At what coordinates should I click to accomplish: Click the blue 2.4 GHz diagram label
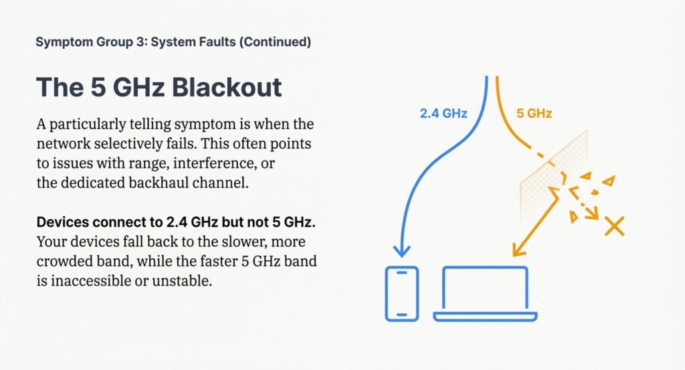[x=444, y=113]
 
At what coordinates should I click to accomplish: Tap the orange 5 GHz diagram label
[x=534, y=113]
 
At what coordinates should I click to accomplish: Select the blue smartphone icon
[x=402, y=294]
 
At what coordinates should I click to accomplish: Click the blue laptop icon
[x=485, y=294]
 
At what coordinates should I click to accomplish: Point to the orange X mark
[x=613, y=225]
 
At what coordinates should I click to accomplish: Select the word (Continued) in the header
[x=275, y=42]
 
